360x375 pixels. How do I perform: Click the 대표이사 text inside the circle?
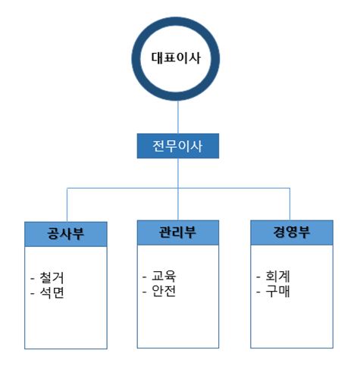(176, 58)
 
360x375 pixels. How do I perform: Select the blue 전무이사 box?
(178, 146)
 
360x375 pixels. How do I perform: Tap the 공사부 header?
(66, 234)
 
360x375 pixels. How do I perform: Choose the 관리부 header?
(178, 233)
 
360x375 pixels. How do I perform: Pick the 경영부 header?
(292, 233)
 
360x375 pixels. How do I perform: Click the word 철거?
(52, 277)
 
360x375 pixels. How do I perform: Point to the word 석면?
(52, 292)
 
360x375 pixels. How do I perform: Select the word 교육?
(164, 276)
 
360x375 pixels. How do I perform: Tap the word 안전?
(164, 291)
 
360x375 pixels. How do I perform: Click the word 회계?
(277, 276)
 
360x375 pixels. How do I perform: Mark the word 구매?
(277, 291)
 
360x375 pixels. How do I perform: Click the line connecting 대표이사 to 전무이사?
(178, 117)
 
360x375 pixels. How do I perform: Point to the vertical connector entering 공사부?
(67, 205)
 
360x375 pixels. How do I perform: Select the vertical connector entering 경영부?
(290, 204)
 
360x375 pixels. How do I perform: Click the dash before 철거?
(33, 279)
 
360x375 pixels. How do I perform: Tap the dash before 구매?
(258, 292)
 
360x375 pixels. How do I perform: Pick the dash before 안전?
(145, 292)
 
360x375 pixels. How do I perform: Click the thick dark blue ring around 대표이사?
(136, 58)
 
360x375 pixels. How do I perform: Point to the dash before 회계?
(258, 277)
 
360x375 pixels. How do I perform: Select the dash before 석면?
(33, 294)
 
